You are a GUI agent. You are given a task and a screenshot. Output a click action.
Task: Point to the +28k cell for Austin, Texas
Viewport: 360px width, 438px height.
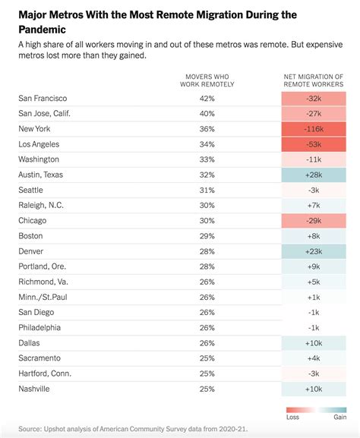pyautogui.click(x=312, y=174)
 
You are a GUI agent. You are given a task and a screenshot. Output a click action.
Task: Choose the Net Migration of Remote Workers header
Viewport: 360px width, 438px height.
pyautogui.click(x=312, y=80)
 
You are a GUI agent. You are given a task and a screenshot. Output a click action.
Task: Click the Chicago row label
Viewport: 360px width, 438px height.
pyautogui.click(x=33, y=219)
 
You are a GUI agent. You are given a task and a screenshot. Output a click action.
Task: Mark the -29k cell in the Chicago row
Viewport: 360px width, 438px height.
pyautogui.click(x=312, y=219)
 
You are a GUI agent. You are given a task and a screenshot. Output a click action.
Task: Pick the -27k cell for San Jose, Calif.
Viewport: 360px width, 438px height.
pyautogui.click(x=312, y=114)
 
